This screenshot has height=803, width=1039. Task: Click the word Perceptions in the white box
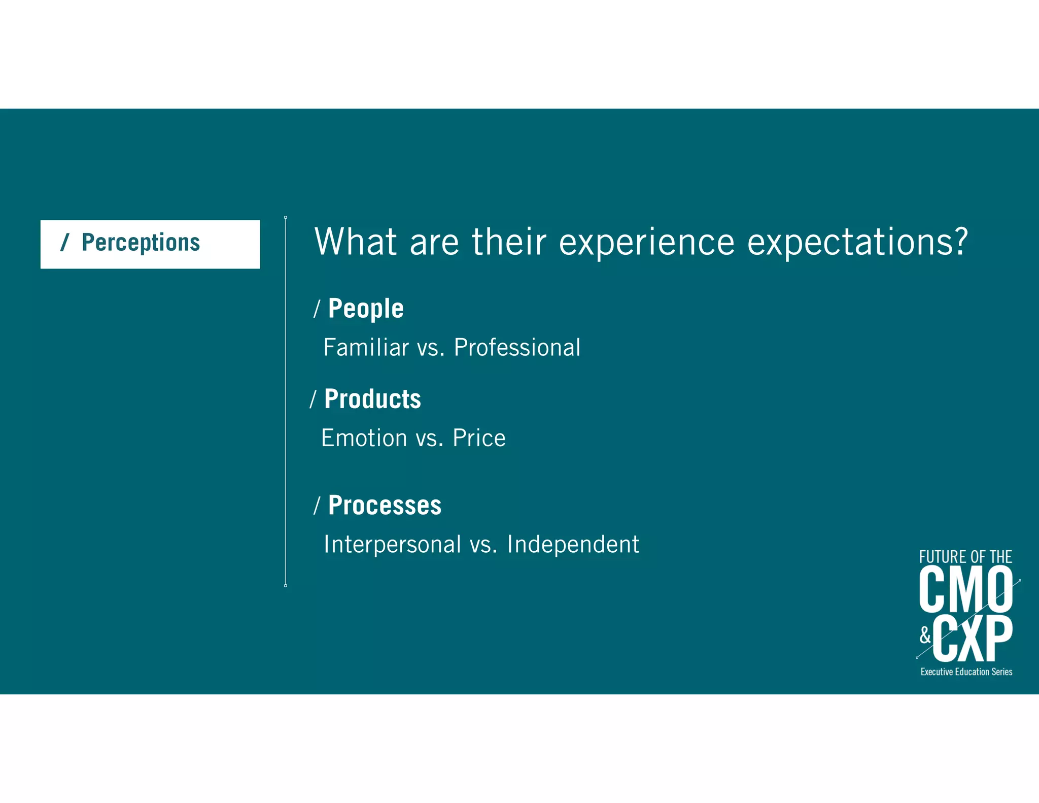tap(141, 243)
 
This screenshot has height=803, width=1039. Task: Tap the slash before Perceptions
tap(64, 243)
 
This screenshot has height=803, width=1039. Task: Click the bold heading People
tap(366, 309)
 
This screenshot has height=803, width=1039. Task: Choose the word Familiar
tap(366, 348)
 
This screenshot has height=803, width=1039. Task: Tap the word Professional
tap(516, 348)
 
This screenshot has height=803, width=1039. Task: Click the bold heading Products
tap(372, 399)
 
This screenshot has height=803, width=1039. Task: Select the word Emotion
tap(364, 438)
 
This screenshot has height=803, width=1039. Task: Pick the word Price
tap(479, 438)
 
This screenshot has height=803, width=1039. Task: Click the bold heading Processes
tap(385, 506)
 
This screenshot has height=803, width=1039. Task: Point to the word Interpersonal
tap(392, 545)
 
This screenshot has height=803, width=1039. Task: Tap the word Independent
tap(573, 545)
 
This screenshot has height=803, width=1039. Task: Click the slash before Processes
tap(317, 506)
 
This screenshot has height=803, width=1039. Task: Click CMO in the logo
tap(965, 590)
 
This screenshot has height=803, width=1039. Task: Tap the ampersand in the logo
tap(925, 635)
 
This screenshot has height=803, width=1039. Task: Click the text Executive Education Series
tap(966, 672)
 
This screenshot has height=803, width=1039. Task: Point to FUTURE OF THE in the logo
tap(965, 557)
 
